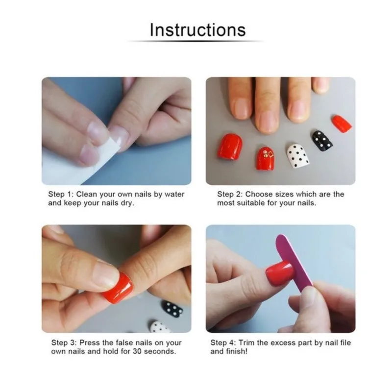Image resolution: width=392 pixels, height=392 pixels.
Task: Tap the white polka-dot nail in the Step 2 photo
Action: click(x=297, y=156)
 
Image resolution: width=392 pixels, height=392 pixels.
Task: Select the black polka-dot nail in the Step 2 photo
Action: click(x=322, y=140)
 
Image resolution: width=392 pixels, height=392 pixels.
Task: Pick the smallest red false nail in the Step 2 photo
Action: click(x=342, y=123)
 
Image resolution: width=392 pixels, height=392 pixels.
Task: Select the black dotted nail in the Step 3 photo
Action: click(x=172, y=309)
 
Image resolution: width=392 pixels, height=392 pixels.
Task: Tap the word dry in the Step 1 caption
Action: click(x=126, y=203)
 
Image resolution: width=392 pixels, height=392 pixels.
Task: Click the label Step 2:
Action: click(x=230, y=194)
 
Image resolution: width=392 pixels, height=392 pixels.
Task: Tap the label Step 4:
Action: click(x=223, y=343)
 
